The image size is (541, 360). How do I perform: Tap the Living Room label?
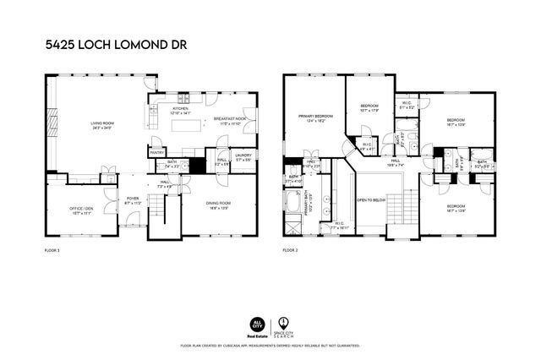[x=102, y=127]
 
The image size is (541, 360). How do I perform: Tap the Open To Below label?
[x=372, y=200]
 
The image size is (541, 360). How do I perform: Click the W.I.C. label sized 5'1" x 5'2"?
[x=407, y=106]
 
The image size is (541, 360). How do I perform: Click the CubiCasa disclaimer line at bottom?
[x=270, y=346]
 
